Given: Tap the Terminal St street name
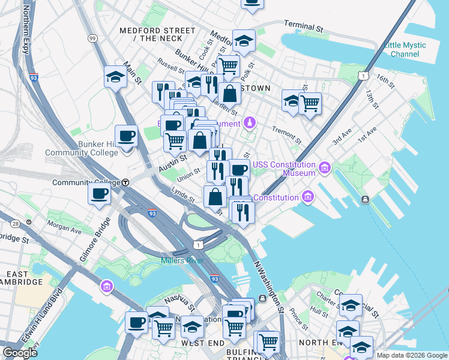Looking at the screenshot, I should [304, 28].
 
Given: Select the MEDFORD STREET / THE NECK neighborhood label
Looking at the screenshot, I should [157, 34].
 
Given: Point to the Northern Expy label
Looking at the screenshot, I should [26, 30].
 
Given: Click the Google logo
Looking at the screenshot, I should [20, 353].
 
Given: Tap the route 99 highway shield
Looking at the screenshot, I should [92, 38].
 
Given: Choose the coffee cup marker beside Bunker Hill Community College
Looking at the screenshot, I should [126, 136].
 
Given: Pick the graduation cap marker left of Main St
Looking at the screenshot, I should [115, 77].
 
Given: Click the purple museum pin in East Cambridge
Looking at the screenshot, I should [107, 286].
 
